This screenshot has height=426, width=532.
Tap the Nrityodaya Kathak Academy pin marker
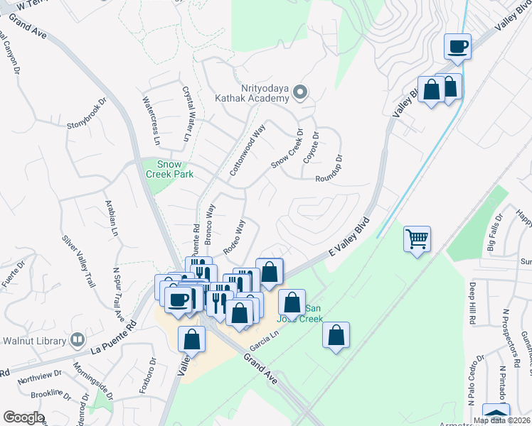300,92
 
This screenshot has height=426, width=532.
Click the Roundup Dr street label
329,170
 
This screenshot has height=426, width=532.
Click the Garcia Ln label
262,342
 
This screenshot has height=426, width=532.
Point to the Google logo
23,417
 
